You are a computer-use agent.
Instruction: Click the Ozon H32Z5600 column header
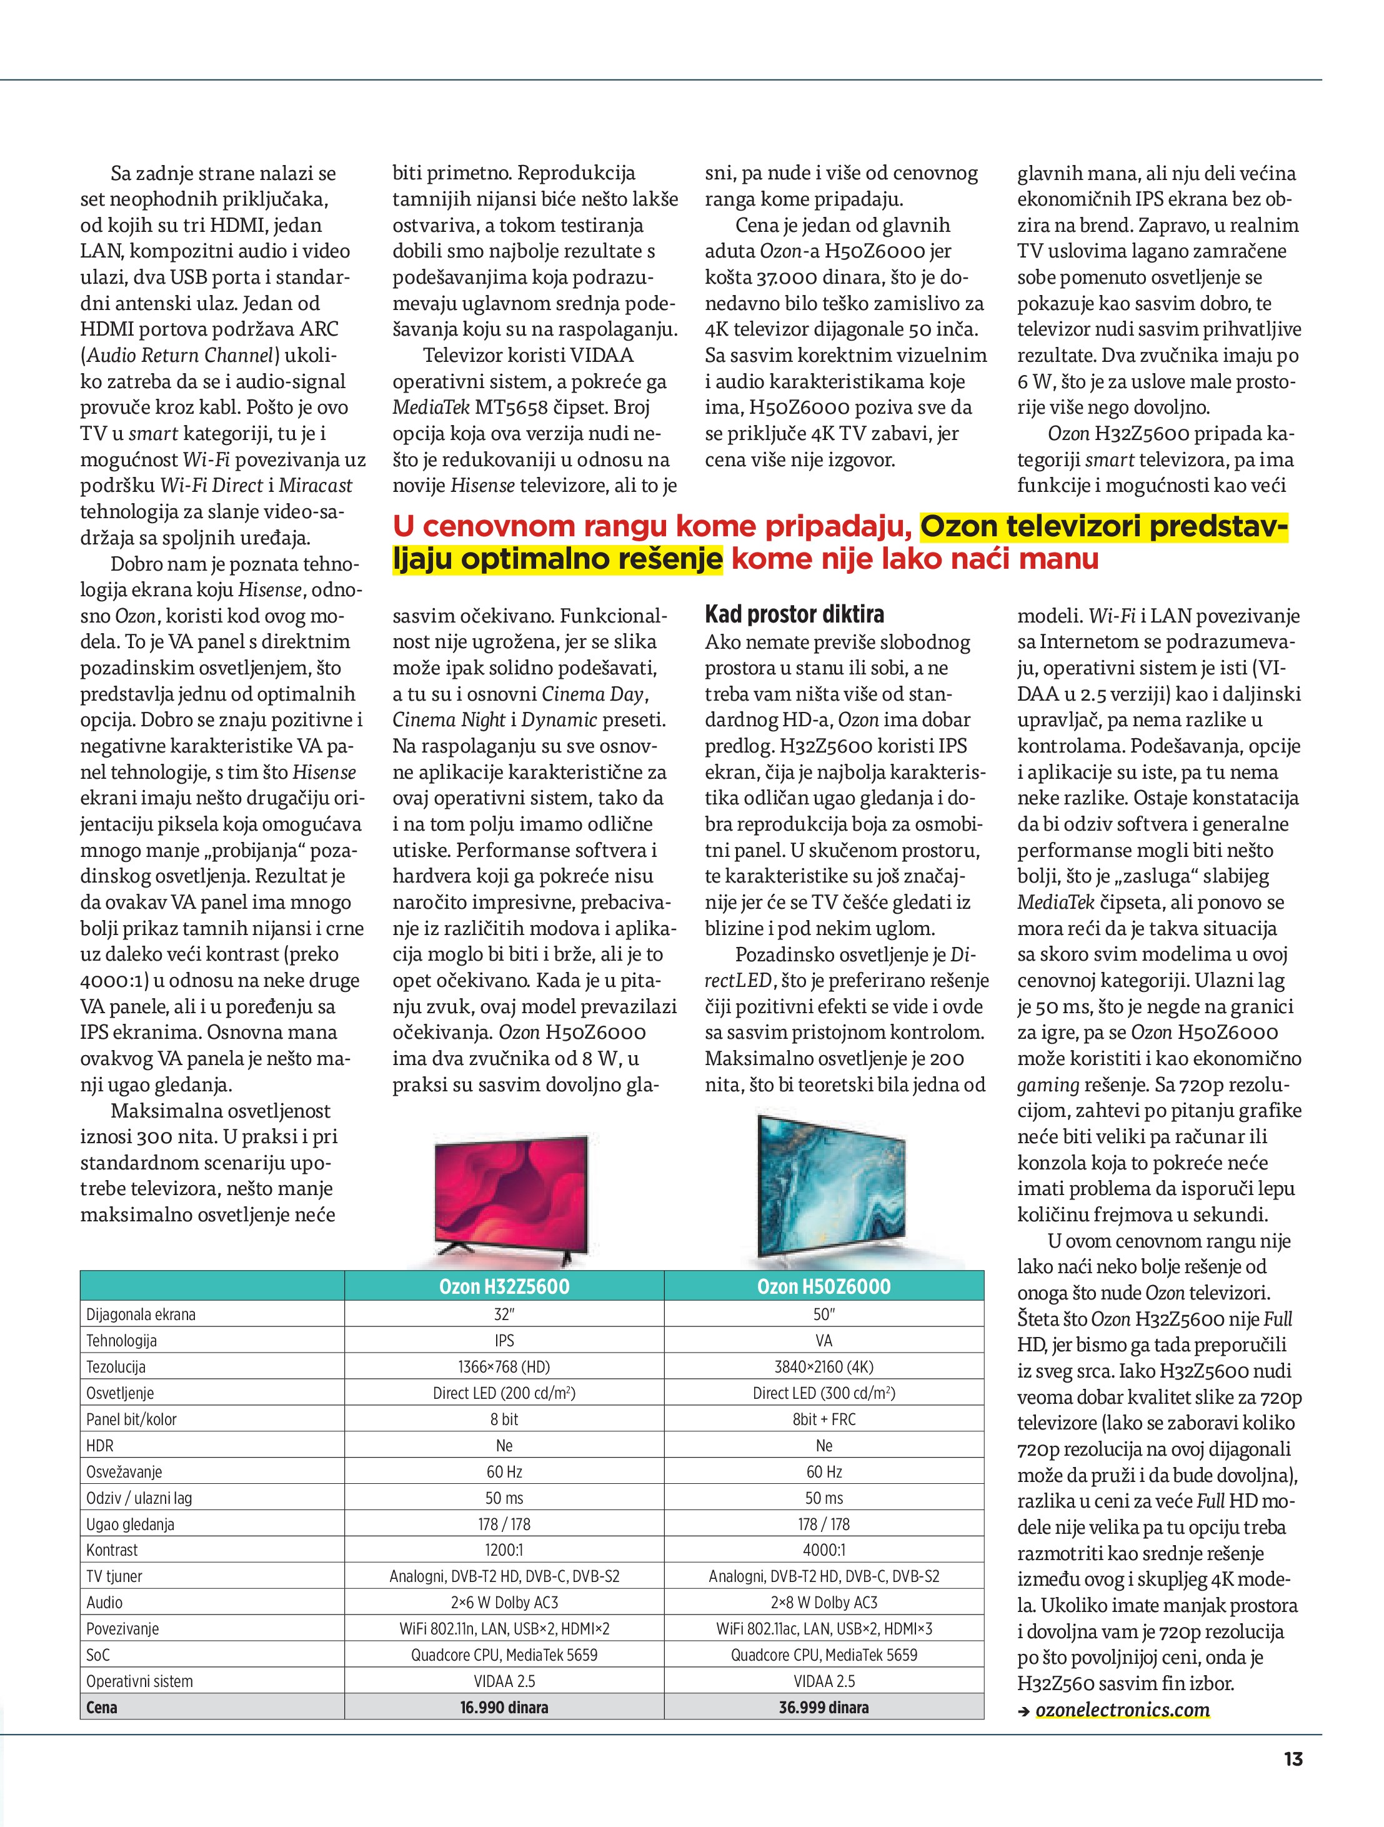click(504, 1286)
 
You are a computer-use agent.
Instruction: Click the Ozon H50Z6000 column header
click(824, 1286)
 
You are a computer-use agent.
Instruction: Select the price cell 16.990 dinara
click(504, 1707)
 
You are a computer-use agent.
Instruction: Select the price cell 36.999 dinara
click(824, 1707)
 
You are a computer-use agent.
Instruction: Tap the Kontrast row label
click(112, 1550)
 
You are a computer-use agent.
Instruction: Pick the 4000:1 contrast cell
click(824, 1550)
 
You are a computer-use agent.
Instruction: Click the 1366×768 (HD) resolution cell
click(504, 1367)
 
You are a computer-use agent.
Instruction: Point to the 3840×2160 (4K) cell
click(824, 1367)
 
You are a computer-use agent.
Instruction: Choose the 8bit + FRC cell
click(824, 1419)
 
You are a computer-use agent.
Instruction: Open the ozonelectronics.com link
click(1122, 1709)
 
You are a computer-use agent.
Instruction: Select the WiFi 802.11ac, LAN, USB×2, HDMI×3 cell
click(824, 1629)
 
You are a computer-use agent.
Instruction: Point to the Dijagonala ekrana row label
click(141, 1314)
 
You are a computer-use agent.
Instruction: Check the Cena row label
click(102, 1707)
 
